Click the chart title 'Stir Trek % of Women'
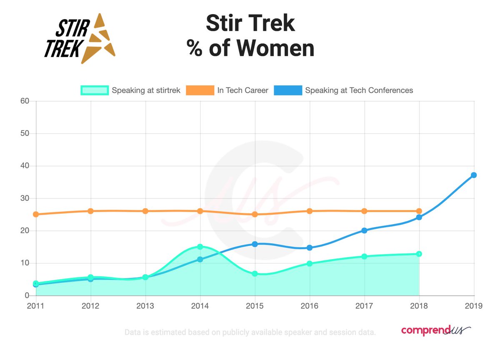coord(250,36)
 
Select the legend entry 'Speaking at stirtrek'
coord(131,90)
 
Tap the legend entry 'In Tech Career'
coord(227,90)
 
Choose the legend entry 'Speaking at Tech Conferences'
coord(344,90)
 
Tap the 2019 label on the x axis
coord(474,306)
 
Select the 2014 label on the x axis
coord(200,306)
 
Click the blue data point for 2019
coord(474,175)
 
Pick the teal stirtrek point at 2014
coord(200,247)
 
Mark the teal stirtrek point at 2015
coord(255,274)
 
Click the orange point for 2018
coord(419,211)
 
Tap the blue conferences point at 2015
coord(255,244)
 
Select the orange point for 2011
coord(36,214)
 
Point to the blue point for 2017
coord(365,230)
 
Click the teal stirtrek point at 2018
coord(419,254)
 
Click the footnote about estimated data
coord(250,332)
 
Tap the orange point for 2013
coord(145,211)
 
